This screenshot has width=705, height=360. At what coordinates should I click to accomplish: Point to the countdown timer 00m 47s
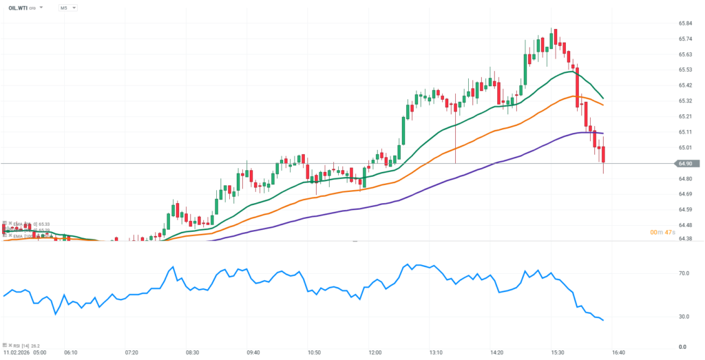point(662,232)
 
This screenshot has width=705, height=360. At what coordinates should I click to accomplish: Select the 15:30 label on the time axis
point(557,352)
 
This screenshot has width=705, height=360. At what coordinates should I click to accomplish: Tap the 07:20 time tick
point(131,352)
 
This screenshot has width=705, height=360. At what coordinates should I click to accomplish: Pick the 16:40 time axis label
point(618,352)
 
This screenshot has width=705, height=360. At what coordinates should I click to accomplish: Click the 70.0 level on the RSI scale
point(684,273)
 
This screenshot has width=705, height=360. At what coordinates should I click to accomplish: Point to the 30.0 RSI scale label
point(684,317)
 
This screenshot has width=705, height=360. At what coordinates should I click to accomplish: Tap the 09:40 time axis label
point(253,352)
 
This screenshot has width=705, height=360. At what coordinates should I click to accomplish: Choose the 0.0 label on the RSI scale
point(682,346)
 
